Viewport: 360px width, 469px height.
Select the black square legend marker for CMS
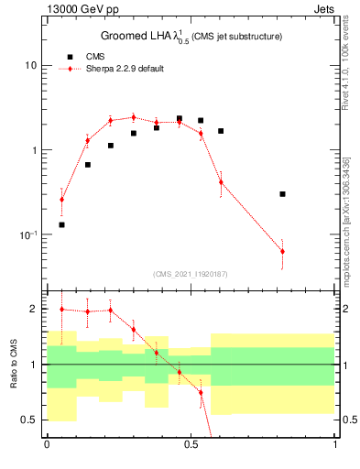(65, 57)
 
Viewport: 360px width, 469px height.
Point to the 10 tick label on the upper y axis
(30, 66)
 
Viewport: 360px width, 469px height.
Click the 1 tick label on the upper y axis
(33, 150)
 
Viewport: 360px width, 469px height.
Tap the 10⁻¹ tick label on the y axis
(27, 235)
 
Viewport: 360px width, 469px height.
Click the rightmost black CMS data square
(282, 194)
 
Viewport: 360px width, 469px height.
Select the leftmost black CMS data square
(62, 224)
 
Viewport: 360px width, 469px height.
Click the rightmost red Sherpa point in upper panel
(282, 251)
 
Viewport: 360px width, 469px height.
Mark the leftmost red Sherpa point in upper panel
(62, 199)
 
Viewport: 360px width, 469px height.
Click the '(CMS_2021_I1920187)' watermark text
(191, 274)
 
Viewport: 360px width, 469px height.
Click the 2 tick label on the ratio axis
(33, 310)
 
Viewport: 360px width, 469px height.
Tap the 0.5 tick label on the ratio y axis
(28, 420)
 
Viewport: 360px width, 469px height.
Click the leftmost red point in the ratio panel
(62, 310)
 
